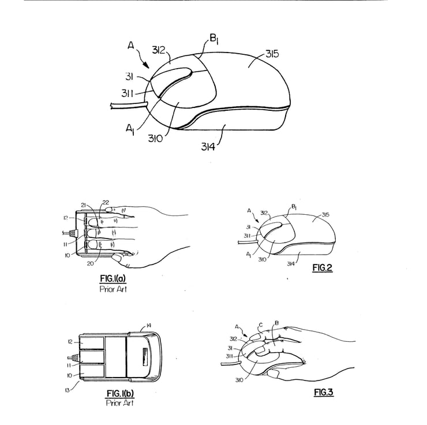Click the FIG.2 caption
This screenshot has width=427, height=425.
323,267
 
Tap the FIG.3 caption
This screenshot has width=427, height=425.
324,393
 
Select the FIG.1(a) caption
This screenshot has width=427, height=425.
113,278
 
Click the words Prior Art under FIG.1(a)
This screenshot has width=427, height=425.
113,288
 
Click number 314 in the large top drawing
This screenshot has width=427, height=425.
209,146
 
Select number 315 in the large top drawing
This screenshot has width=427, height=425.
273,54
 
